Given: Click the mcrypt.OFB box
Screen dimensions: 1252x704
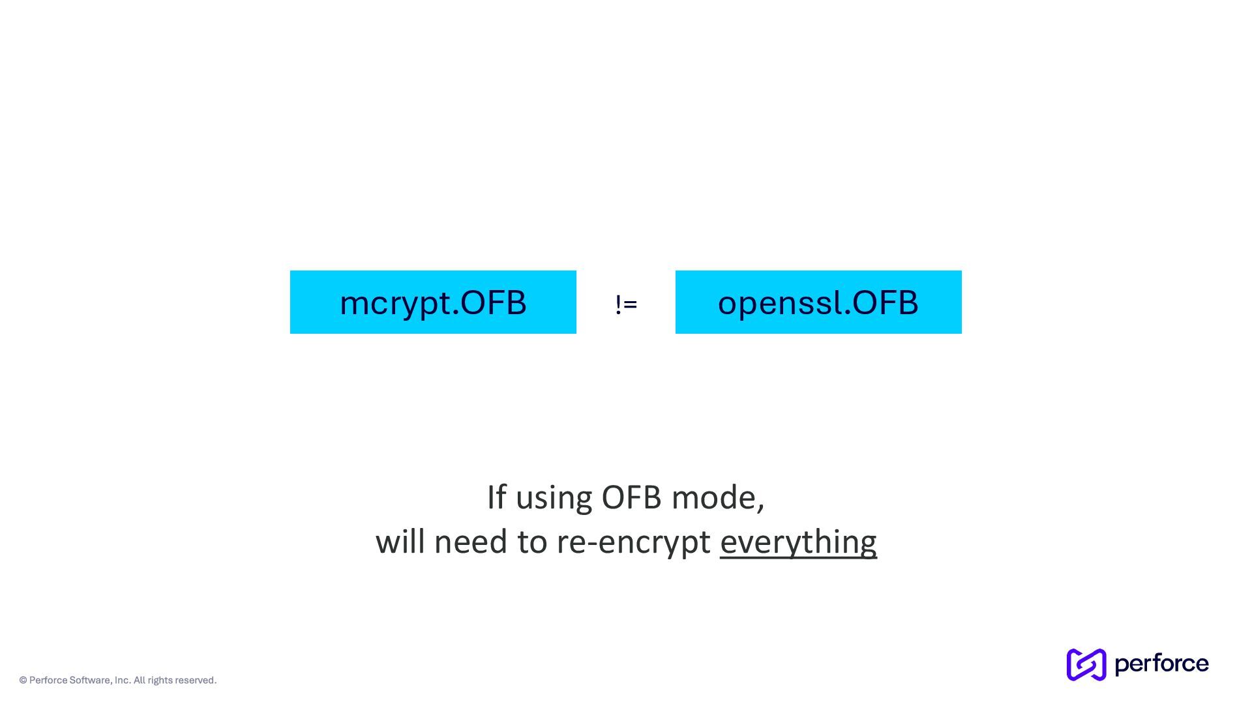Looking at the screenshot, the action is point(433,302).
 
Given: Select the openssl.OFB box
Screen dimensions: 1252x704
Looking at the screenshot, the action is point(818,302).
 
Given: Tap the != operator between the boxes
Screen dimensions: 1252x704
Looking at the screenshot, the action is point(626,304).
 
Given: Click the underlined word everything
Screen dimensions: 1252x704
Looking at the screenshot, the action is point(798,542).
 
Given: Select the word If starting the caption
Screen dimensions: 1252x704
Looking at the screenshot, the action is point(496,498).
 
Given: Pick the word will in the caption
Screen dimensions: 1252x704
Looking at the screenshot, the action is point(399,542).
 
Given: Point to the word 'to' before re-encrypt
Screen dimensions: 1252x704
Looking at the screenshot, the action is point(531,542).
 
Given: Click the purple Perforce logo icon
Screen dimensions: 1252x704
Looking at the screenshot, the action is point(1086,664).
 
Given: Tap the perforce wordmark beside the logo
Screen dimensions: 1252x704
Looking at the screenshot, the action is point(1161,664).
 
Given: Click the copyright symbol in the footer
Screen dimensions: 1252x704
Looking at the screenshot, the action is point(23,681).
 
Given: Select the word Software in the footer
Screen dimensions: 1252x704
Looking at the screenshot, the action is point(90,681).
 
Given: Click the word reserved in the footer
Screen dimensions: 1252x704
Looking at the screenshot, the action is point(196,681).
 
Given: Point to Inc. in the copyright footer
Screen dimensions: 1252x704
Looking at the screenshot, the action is point(123,681).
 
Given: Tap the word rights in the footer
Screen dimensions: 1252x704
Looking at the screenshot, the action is point(160,681).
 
